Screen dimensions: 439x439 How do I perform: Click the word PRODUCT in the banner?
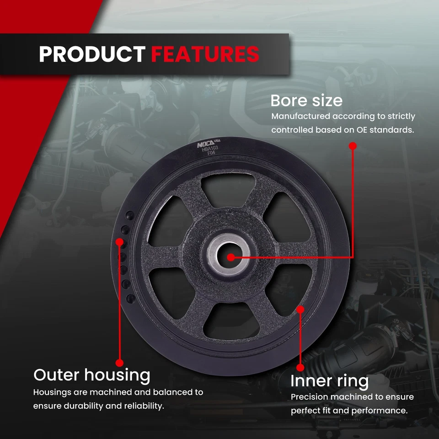92,54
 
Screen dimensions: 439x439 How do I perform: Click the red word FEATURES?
205,54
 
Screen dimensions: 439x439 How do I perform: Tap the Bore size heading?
306,101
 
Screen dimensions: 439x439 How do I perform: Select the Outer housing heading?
92,375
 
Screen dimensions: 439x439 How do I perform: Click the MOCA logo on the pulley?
205,145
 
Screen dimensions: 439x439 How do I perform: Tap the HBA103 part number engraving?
210,149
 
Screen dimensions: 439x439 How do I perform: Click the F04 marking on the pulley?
211,153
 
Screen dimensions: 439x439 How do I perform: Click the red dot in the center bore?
231,257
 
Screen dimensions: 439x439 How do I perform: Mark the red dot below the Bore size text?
353,146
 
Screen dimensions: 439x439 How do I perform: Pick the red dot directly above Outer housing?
119,363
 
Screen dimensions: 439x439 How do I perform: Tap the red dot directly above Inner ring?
300,368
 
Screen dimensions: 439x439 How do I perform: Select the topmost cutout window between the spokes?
228,188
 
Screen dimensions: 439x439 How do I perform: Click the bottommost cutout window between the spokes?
231,321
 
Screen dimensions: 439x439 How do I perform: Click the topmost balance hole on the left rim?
130,215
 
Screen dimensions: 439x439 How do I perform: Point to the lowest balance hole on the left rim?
131,299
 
